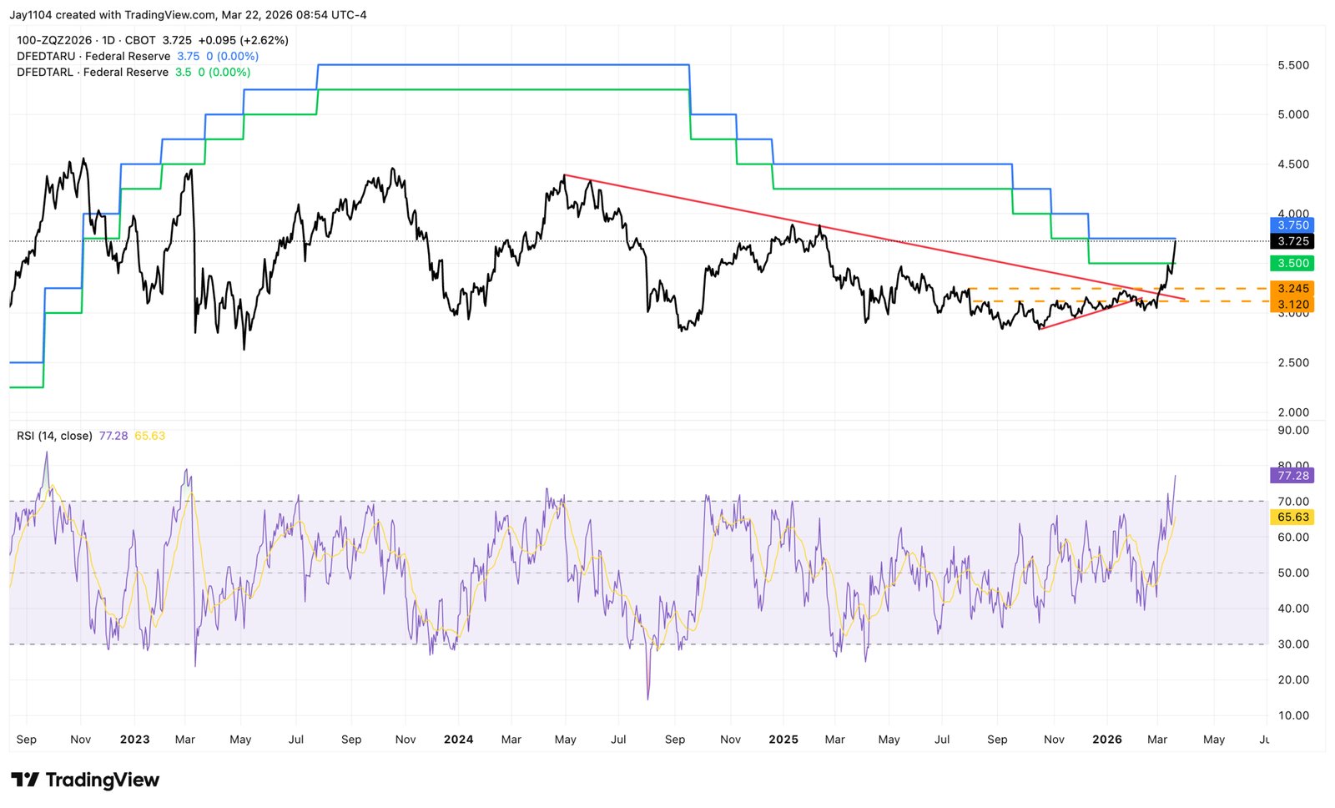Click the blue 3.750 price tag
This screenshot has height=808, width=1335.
[1292, 225]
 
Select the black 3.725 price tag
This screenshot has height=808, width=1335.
[1292, 241]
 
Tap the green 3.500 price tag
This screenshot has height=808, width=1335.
[1292, 263]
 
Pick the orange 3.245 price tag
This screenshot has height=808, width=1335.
[1292, 289]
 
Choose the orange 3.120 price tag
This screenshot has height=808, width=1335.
[1292, 305]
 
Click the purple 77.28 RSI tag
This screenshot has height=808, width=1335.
[1292, 476]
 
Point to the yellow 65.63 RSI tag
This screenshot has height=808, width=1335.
[1292, 518]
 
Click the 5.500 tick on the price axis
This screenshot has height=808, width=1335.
[1293, 65]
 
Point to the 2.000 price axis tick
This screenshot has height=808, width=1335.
[1293, 412]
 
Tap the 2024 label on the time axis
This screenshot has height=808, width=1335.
[458, 740]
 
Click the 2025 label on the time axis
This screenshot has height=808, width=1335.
[783, 740]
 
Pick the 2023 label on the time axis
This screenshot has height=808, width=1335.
[134, 740]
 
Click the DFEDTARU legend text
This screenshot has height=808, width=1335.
[46, 56]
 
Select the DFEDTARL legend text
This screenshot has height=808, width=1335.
[45, 73]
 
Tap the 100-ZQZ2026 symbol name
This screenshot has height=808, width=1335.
[54, 40]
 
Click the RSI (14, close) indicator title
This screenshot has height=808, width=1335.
[54, 436]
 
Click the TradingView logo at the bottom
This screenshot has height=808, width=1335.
[85, 780]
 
